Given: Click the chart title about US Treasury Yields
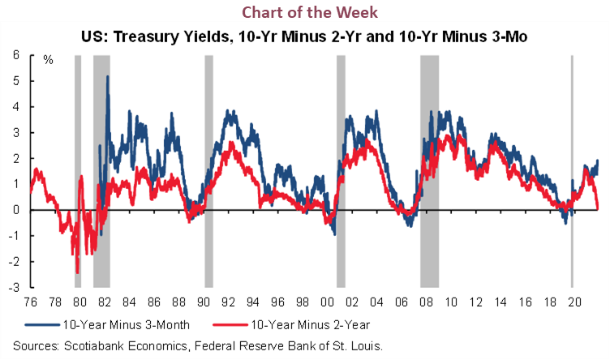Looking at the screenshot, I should [x=304, y=36].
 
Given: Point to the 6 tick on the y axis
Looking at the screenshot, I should [x=16, y=55].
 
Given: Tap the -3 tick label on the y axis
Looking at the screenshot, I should [x=15, y=287].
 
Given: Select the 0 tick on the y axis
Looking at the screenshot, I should [x=16, y=210].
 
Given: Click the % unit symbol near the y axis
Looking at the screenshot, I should [x=48, y=60].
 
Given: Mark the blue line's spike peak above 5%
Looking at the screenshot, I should [x=107, y=77].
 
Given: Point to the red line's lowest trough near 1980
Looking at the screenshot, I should [x=77, y=272].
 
